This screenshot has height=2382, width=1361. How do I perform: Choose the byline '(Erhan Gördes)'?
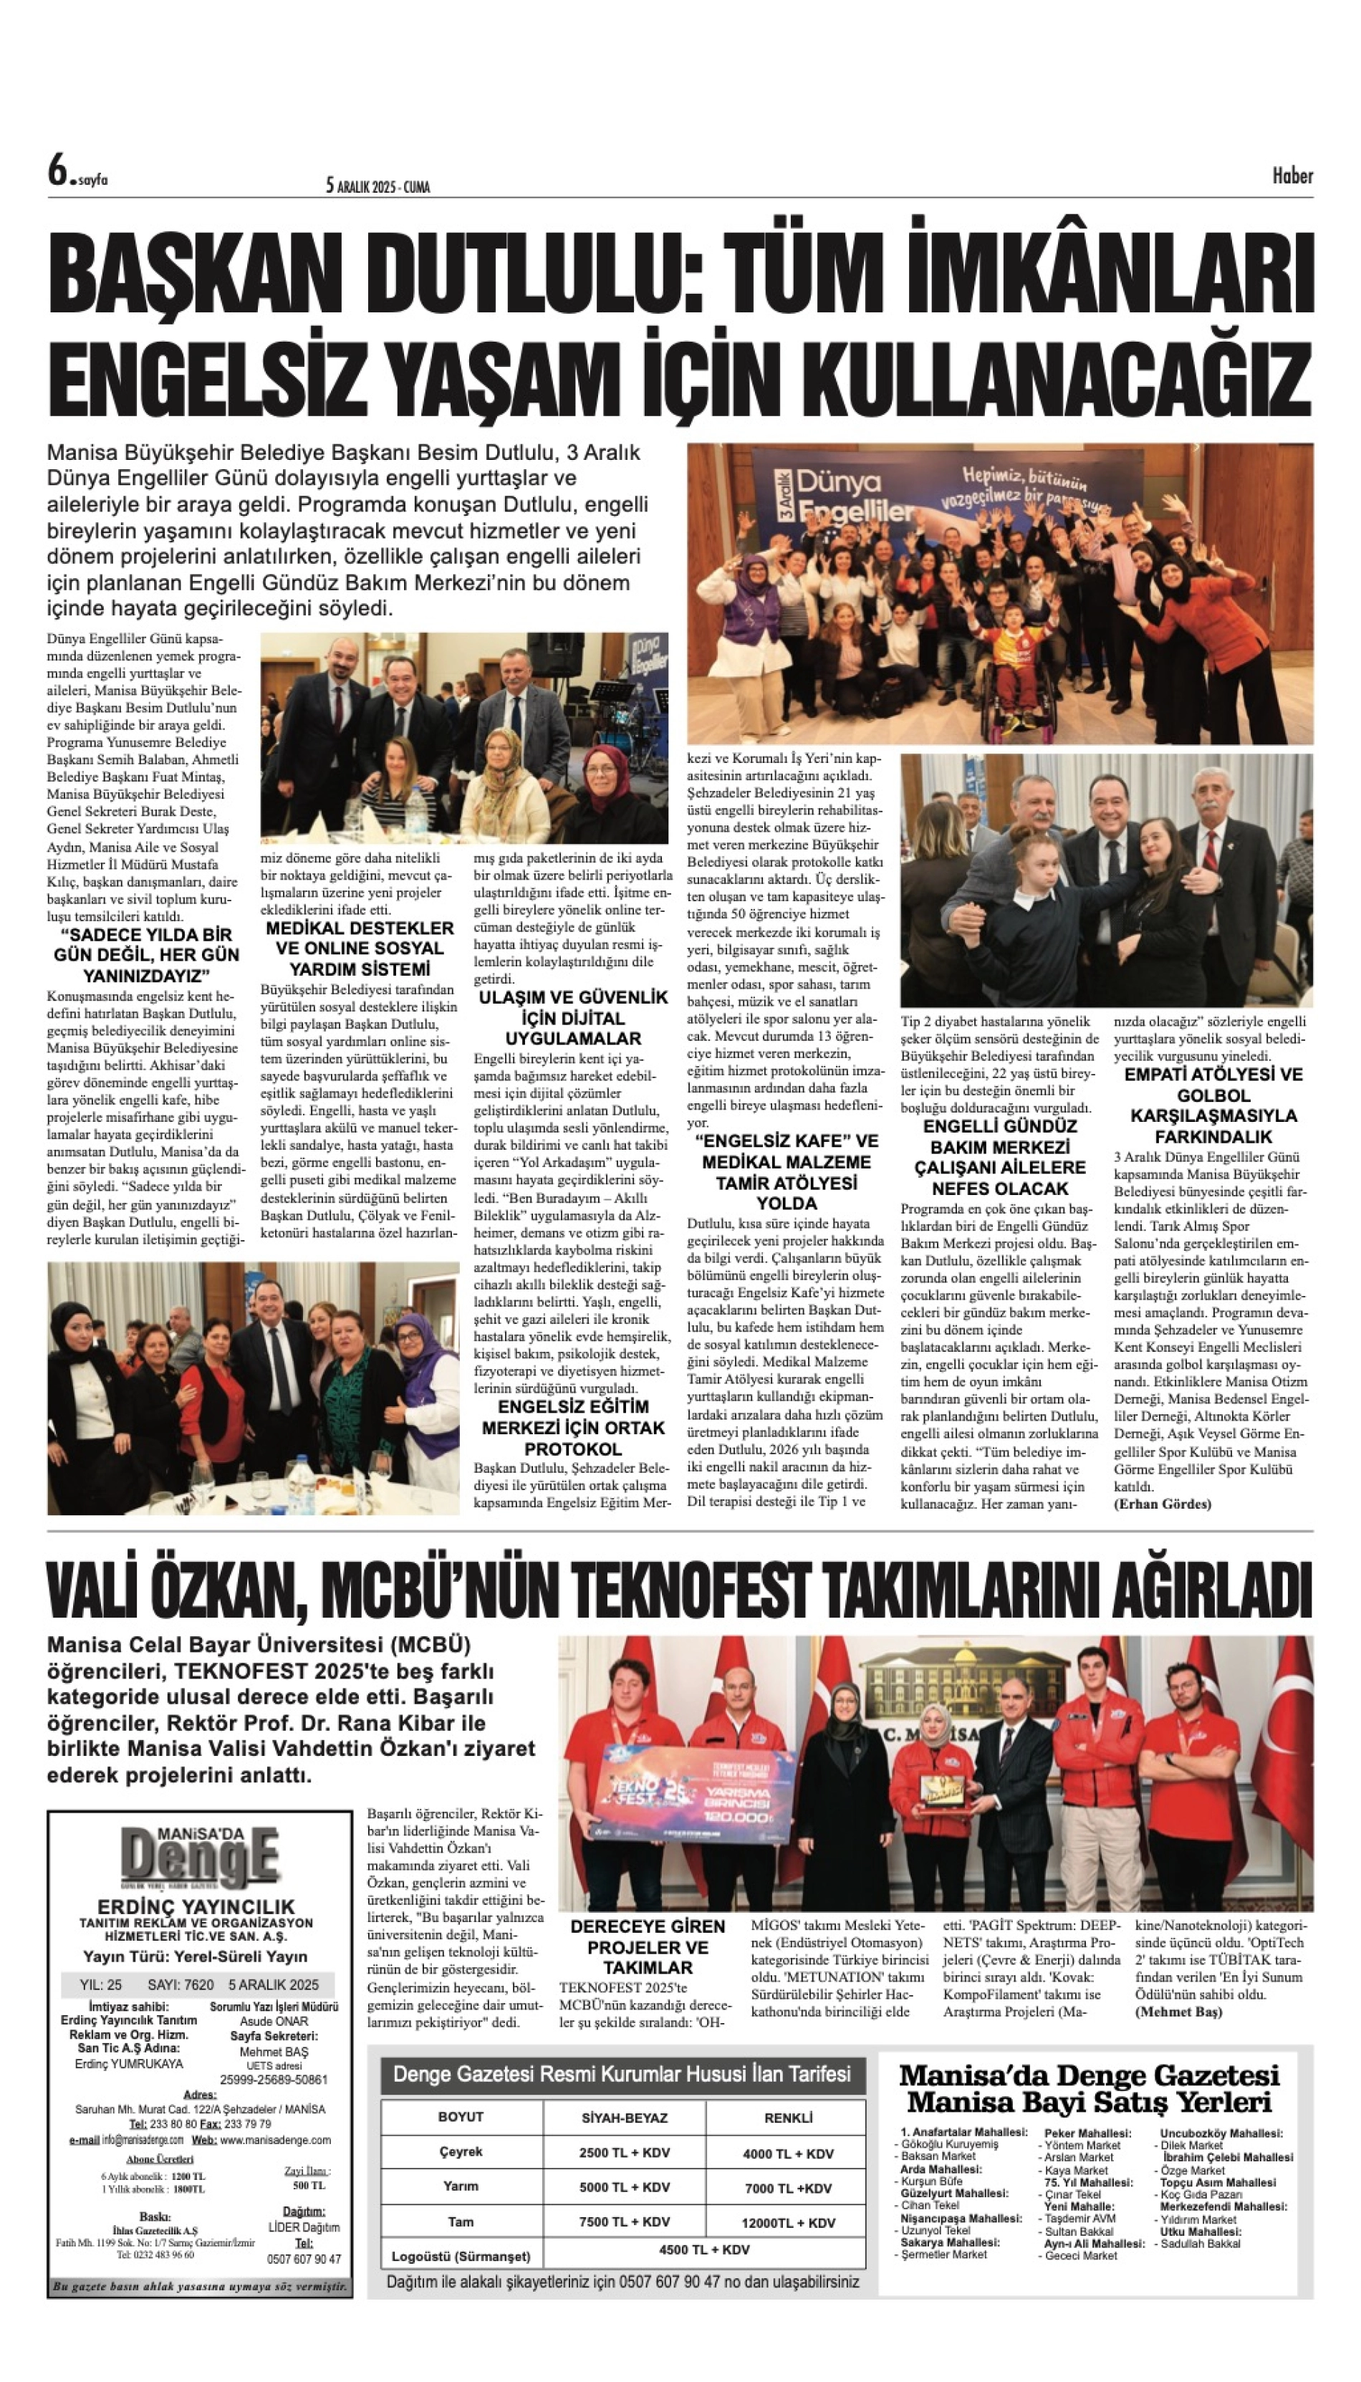[x=1162, y=1503]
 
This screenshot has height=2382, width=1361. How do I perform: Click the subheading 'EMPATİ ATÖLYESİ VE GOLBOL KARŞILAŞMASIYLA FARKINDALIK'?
[x=1213, y=1105]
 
